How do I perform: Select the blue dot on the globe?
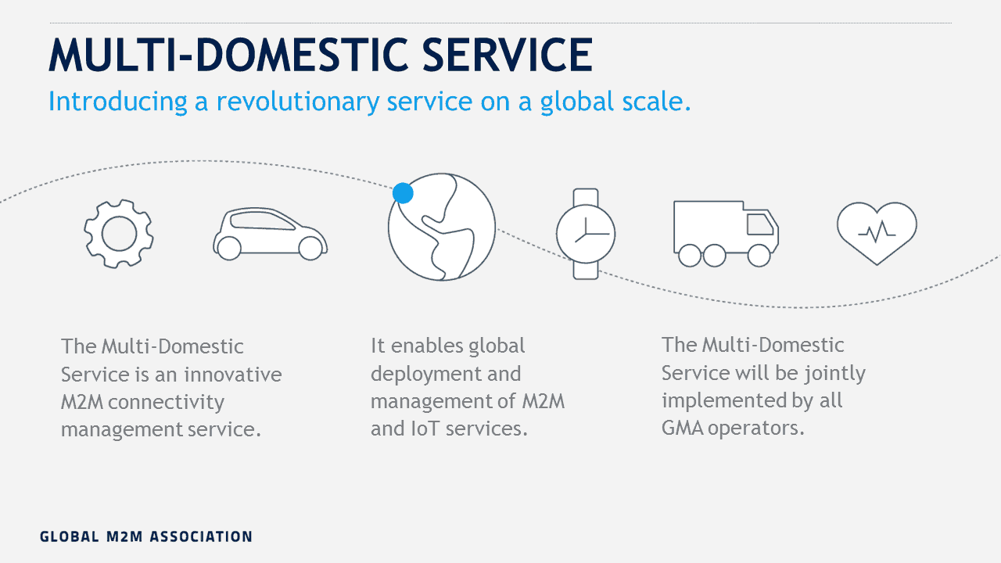(x=403, y=193)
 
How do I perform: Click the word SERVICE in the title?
(x=508, y=55)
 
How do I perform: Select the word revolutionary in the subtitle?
(x=298, y=102)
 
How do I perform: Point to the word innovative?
(x=233, y=374)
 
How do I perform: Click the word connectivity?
(x=166, y=402)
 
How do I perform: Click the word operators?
(x=755, y=428)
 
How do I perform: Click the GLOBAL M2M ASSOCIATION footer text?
(x=146, y=536)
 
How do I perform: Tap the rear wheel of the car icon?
(x=229, y=249)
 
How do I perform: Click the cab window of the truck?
(x=759, y=224)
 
